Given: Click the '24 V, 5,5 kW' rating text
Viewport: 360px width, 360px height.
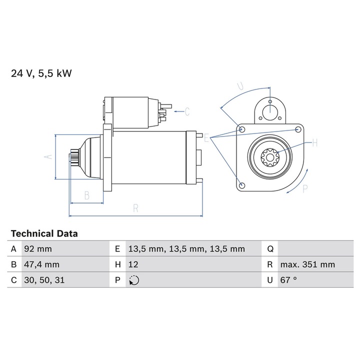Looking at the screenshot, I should [41, 73].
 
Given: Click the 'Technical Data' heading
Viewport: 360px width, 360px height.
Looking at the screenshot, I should [44, 233].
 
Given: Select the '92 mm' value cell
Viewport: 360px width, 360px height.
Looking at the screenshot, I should [37, 248].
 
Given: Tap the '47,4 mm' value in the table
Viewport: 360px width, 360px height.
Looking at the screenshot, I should [41, 264].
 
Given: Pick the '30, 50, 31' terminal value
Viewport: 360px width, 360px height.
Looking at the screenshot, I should [44, 280].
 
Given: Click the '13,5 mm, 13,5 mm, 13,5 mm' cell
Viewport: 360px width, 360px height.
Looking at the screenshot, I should [186, 248].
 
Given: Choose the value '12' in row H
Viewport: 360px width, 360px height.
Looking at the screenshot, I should [133, 264].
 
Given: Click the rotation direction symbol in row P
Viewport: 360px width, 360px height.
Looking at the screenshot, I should [133, 280].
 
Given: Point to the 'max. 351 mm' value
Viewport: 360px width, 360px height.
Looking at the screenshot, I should [307, 264].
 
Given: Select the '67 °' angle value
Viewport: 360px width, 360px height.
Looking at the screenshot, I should [288, 280].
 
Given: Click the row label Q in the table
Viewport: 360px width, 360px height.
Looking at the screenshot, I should [269, 248].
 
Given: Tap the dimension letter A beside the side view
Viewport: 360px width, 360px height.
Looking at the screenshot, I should [48, 156].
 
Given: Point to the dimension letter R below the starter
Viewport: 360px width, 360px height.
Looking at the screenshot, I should [135, 209].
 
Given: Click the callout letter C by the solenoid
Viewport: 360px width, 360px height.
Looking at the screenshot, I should [187, 111].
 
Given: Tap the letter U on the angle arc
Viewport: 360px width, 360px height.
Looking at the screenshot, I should [240, 85].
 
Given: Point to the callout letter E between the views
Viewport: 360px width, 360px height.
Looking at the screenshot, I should [206, 136].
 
